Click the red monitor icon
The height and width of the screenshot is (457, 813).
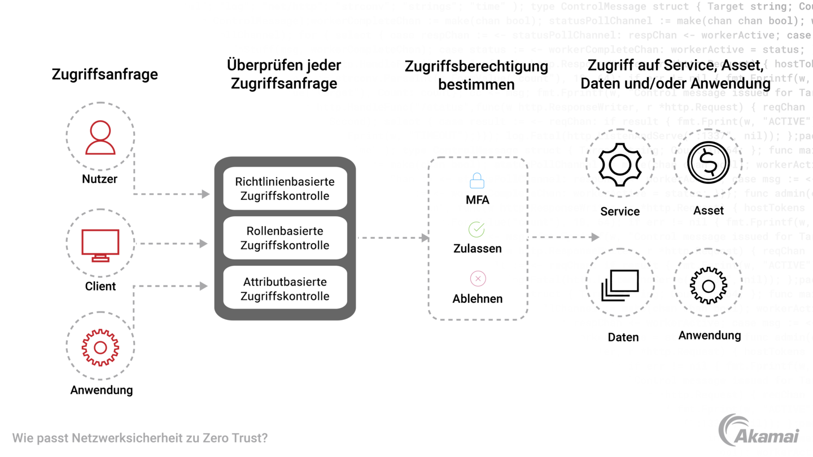coord(100,244)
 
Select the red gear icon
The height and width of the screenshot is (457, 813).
coord(100,348)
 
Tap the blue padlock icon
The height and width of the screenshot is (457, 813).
coord(477,181)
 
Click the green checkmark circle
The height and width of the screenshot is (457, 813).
coord(477,229)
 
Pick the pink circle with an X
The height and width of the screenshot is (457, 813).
coord(478,278)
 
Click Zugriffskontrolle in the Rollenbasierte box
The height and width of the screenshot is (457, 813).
coord(285,246)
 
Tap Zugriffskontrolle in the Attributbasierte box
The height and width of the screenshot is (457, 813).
coord(285,296)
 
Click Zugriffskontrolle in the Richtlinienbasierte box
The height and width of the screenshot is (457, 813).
coord(285,196)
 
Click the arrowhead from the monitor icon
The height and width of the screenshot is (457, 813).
coord(204,244)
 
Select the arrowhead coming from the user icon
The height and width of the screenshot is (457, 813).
coord(206,194)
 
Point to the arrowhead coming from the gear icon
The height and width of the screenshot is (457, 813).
coord(206,285)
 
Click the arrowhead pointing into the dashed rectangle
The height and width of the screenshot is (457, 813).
coord(424,238)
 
